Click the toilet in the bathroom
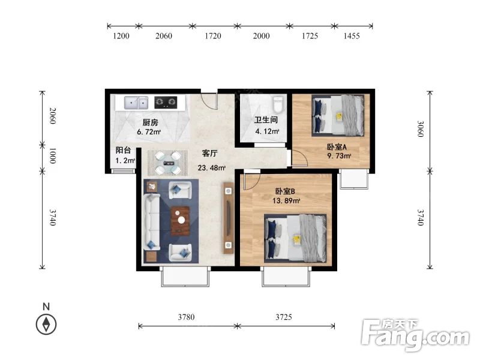pyautogui.click(x=278, y=104)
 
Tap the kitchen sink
pyautogui.click(x=136, y=103)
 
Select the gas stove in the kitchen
pyautogui.click(x=166, y=102)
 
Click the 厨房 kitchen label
pyautogui.click(x=151, y=122)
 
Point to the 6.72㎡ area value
pyautogui.click(x=149, y=132)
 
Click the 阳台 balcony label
pyautogui.click(x=123, y=150)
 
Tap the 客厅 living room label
pyautogui.click(x=209, y=153)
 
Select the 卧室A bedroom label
pyautogui.click(x=337, y=147)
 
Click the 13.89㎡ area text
pyautogui.click(x=286, y=201)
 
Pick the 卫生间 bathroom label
pyautogui.click(x=266, y=119)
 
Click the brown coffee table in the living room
pyautogui.click(x=180, y=221)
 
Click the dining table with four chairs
pyautogui.click(x=168, y=163)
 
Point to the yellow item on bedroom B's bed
pyautogui.click(x=296, y=239)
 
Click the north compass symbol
pyautogui.click(x=46, y=324)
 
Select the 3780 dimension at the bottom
pyautogui.click(x=186, y=317)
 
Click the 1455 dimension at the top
pyautogui.click(x=352, y=36)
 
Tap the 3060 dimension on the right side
pyautogui.click(x=421, y=129)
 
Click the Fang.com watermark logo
pyautogui.click(x=415, y=335)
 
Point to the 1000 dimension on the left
pyautogui.click(x=53, y=155)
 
